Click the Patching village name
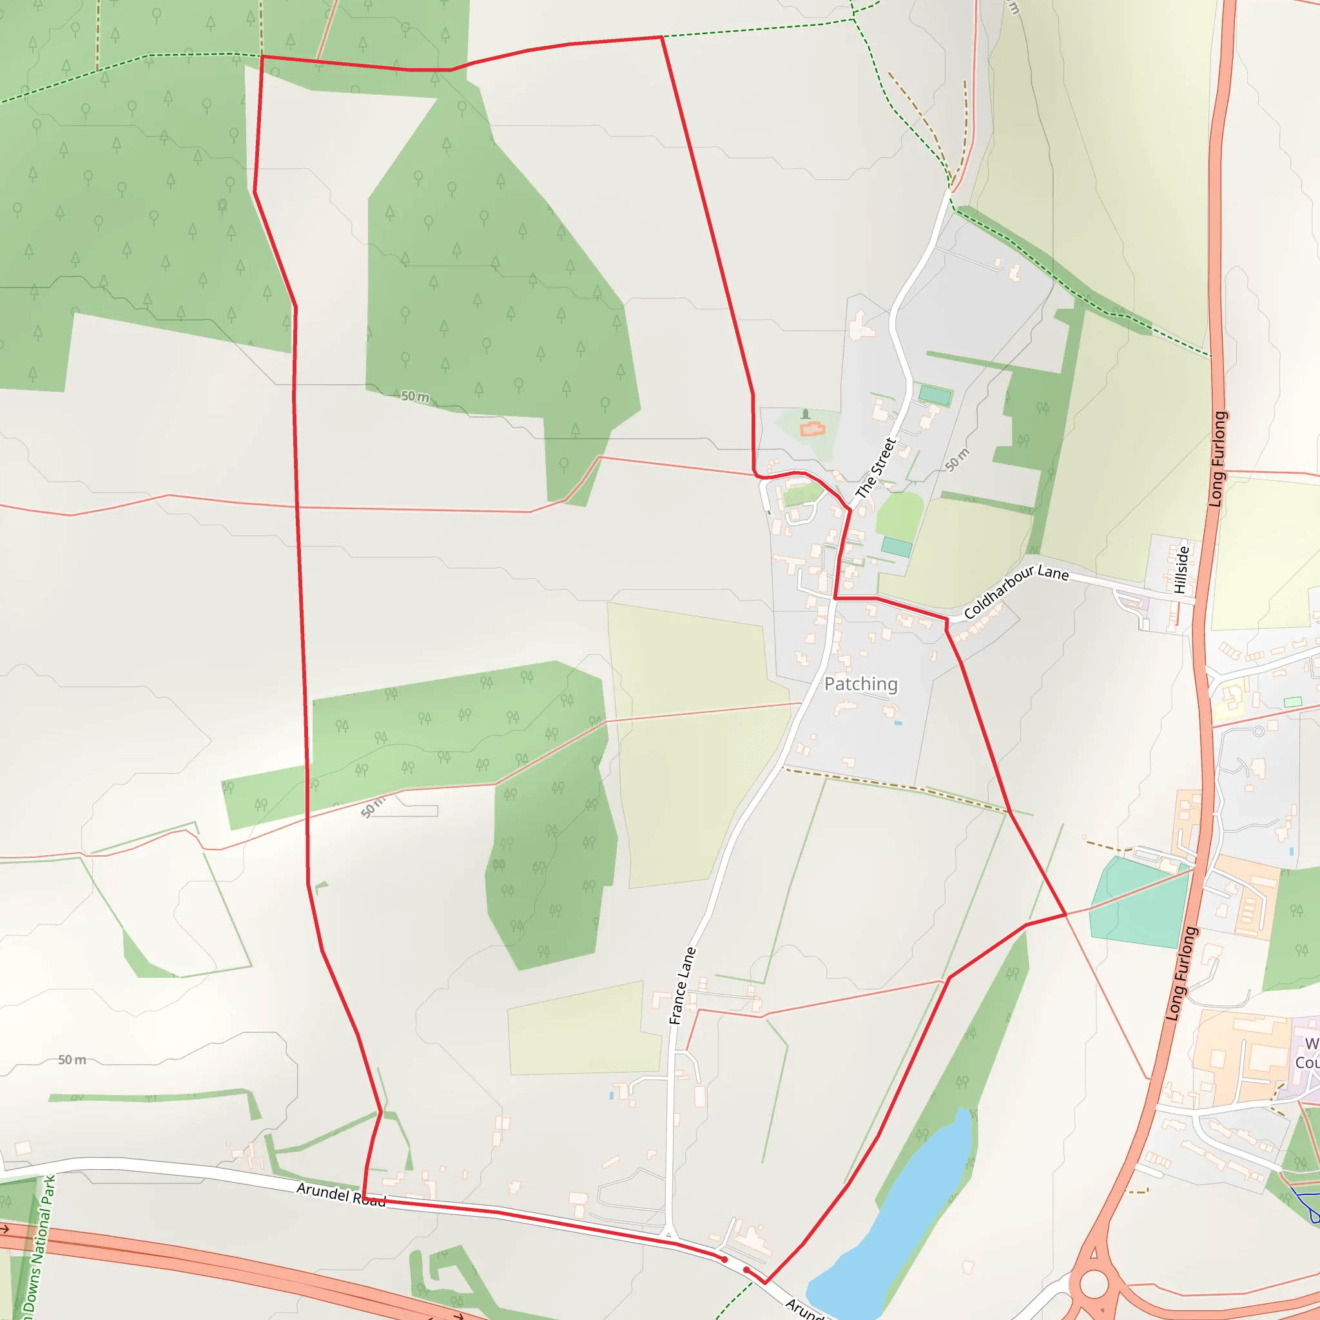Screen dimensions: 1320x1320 click(x=860, y=684)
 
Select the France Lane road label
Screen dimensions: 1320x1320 click(x=682, y=986)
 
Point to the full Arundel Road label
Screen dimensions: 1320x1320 click(x=341, y=1195)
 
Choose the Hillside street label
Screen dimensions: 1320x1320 click(x=1181, y=569)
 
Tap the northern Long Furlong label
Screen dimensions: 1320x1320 click(x=1218, y=459)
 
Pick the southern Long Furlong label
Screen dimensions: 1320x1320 click(x=1181, y=975)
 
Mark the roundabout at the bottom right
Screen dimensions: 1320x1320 click(x=1094, y=1284)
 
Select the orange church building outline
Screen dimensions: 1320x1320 click(x=812, y=430)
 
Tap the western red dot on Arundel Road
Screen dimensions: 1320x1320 click(x=724, y=1259)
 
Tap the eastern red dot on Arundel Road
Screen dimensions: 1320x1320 click(x=746, y=1270)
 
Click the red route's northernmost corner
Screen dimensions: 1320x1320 click(x=661, y=37)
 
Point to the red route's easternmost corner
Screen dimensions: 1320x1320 click(x=1065, y=914)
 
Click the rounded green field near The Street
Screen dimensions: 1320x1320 click(x=900, y=516)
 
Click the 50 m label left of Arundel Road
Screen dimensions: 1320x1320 click(x=72, y=1060)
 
